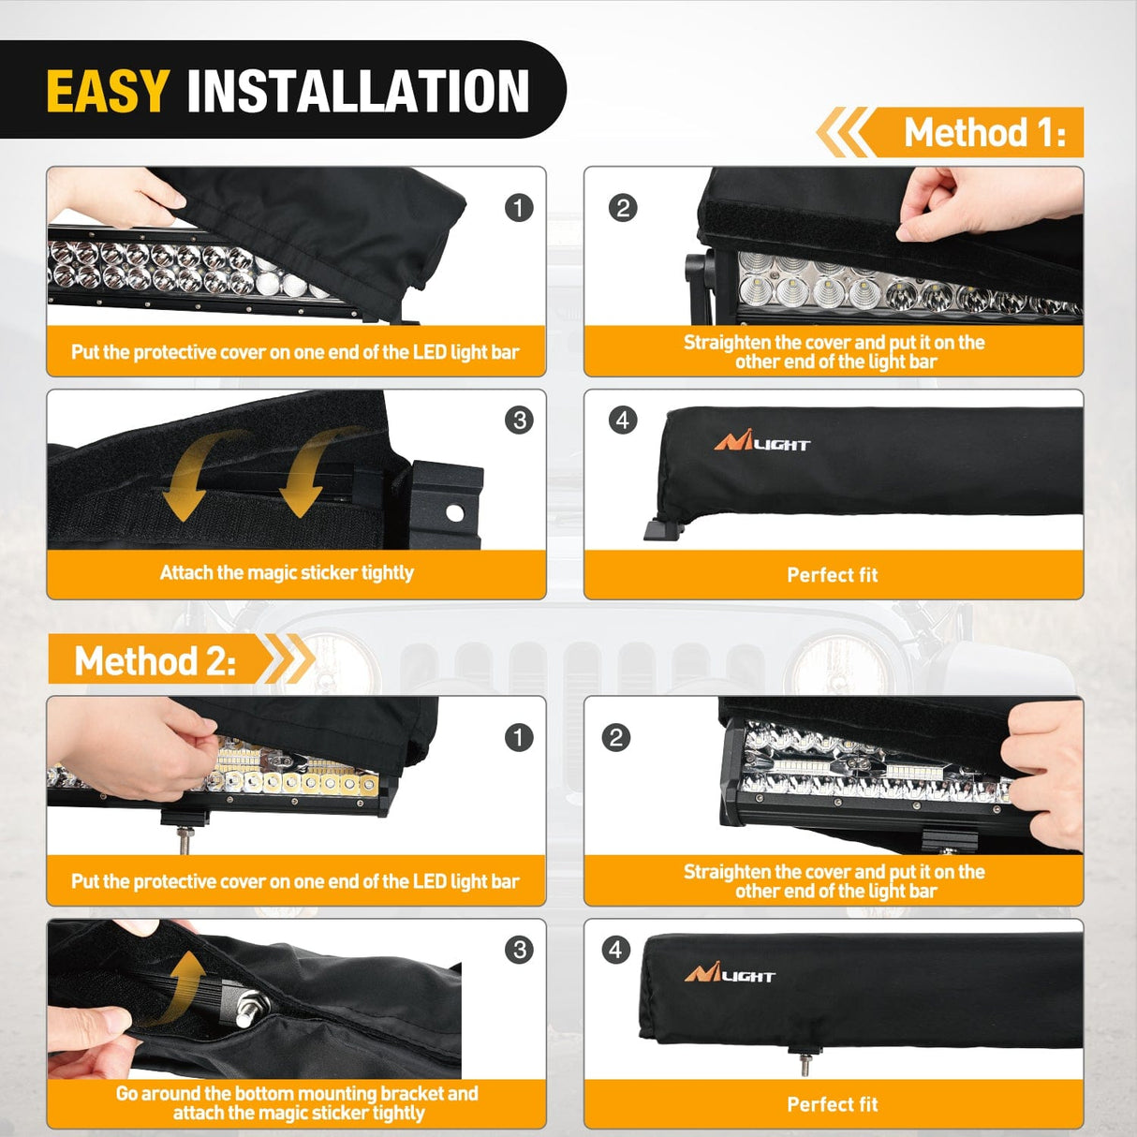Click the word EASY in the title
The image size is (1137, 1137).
coord(107,91)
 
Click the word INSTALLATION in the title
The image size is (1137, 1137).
coord(358,91)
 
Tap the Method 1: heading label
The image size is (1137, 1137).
coord(983,133)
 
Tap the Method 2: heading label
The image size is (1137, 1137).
coord(155,661)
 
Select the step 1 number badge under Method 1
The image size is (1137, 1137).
coord(519,208)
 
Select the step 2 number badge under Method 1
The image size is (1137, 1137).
coord(623,208)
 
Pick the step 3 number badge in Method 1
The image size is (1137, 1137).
coord(519,420)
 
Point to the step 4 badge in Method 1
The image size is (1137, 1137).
coord(623,420)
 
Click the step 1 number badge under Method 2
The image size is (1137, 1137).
coord(519,738)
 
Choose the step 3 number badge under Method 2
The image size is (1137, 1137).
coord(519,951)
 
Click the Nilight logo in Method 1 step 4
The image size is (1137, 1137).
coord(762,442)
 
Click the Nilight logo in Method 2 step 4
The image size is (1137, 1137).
coord(730,974)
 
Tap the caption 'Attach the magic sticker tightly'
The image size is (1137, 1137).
coord(287,573)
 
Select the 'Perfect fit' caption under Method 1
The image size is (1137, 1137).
coord(833,575)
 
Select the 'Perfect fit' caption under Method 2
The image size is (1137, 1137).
coord(833,1104)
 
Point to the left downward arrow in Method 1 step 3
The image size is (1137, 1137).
coord(192,478)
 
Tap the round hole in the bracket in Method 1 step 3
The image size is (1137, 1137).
coord(454,513)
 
